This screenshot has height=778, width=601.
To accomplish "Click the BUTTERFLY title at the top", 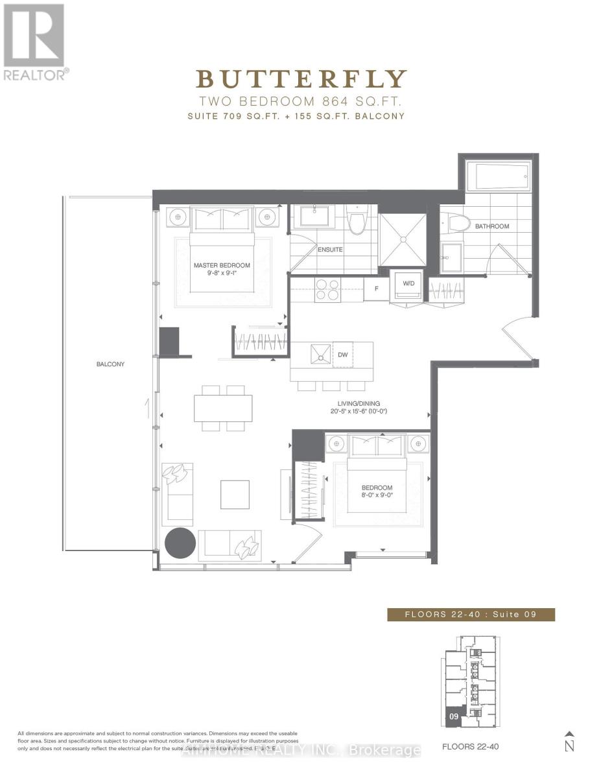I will pos(301,78).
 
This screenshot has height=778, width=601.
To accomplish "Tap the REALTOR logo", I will pos(34,43).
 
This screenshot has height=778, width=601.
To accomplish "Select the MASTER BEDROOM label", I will pos(222,265).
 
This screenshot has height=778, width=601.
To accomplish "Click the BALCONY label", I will pos(110,364).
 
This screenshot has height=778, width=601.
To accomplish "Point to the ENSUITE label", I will pos(330,249).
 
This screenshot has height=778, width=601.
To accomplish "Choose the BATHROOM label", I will pos(492,226).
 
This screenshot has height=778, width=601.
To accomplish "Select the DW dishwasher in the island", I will pos(344,355).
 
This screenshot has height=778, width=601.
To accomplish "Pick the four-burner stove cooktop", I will pos(327,289).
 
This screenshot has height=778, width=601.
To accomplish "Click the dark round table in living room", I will pos(180,543).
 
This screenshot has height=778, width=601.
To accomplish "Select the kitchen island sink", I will pos(321,355).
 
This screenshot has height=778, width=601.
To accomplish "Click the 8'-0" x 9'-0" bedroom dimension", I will pos(377,497).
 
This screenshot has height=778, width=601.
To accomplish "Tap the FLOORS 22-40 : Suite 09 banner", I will pos(471,615).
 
